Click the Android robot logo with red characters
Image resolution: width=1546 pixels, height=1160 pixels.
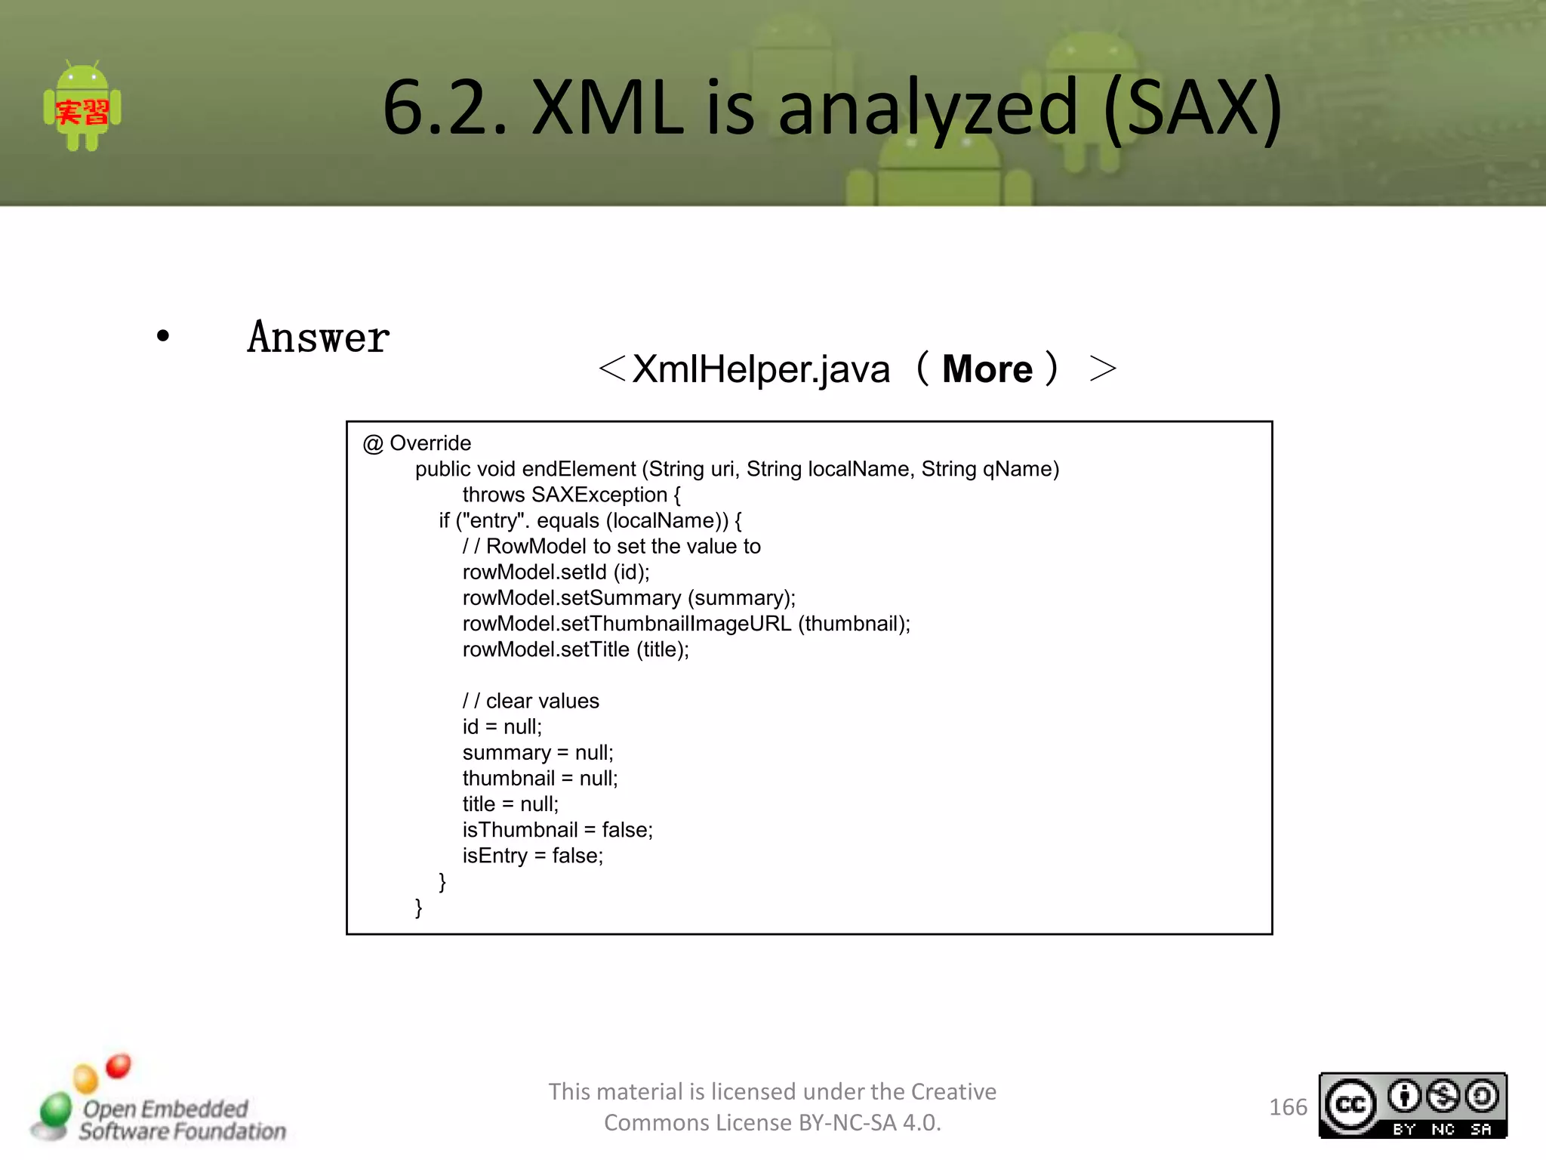tap(82, 107)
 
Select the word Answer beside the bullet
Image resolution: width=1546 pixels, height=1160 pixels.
tap(318, 338)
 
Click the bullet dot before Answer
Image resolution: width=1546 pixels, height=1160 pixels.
tap(163, 336)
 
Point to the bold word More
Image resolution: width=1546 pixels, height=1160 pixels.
tap(987, 369)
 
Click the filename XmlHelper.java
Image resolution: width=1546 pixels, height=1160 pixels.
tap(761, 369)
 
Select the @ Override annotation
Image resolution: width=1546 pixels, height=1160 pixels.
tap(417, 443)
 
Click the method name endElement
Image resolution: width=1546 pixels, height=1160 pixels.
tap(578, 469)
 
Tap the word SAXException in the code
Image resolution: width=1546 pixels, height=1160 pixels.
tap(599, 495)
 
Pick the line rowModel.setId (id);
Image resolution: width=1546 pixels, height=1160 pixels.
tap(556, 572)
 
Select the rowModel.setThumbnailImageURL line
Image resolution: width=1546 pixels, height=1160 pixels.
tap(685, 624)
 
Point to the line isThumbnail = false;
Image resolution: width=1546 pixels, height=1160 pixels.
tap(557, 830)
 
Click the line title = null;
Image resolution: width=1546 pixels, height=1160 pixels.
tap(510, 804)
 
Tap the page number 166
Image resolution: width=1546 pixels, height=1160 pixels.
tap(1288, 1107)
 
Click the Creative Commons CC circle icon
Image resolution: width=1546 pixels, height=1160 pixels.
tap(1350, 1106)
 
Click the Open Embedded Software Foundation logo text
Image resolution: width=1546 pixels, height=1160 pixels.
tap(182, 1120)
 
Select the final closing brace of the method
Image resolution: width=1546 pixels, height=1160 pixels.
tap(419, 907)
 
